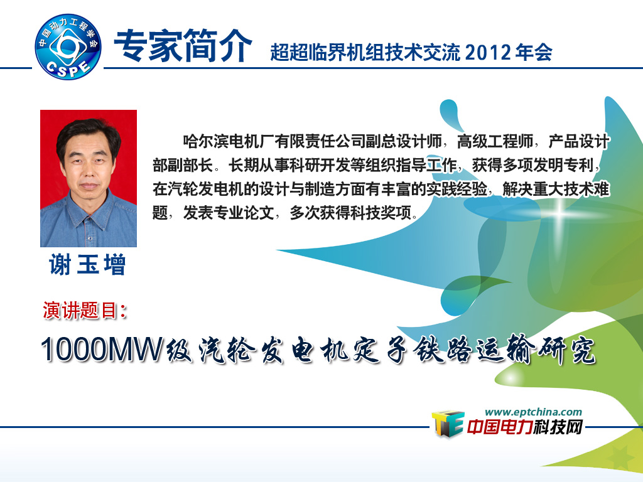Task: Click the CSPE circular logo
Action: (x=68, y=46)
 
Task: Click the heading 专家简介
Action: (x=183, y=46)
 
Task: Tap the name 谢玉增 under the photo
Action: (x=87, y=264)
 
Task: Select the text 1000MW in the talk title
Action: (x=102, y=350)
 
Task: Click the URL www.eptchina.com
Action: (x=533, y=412)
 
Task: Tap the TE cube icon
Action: (x=448, y=424)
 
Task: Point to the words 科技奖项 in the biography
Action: (x=381, y=213)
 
